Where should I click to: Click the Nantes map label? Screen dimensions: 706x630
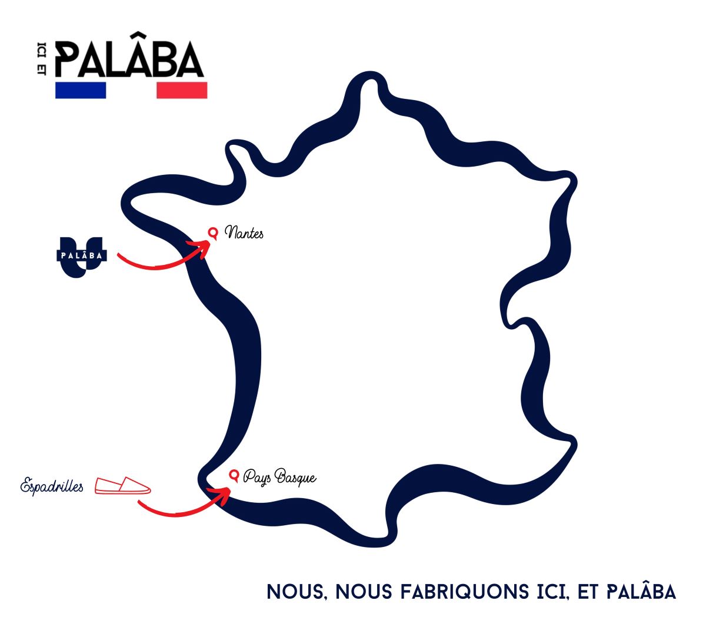244,233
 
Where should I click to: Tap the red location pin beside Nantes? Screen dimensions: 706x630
213,233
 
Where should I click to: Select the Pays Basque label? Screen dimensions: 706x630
279,476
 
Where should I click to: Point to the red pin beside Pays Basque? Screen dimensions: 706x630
234,476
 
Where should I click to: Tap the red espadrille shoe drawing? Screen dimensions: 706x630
122,485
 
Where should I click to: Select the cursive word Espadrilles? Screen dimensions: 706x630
52,486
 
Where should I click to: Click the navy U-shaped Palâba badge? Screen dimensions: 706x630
82,257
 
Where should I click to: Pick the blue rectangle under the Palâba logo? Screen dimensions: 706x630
81,90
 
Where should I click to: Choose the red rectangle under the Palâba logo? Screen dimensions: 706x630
182,90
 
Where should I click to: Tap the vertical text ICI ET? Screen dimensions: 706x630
41,59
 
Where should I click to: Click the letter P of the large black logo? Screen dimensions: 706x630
68,59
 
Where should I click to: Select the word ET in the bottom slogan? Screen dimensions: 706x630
588,592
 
